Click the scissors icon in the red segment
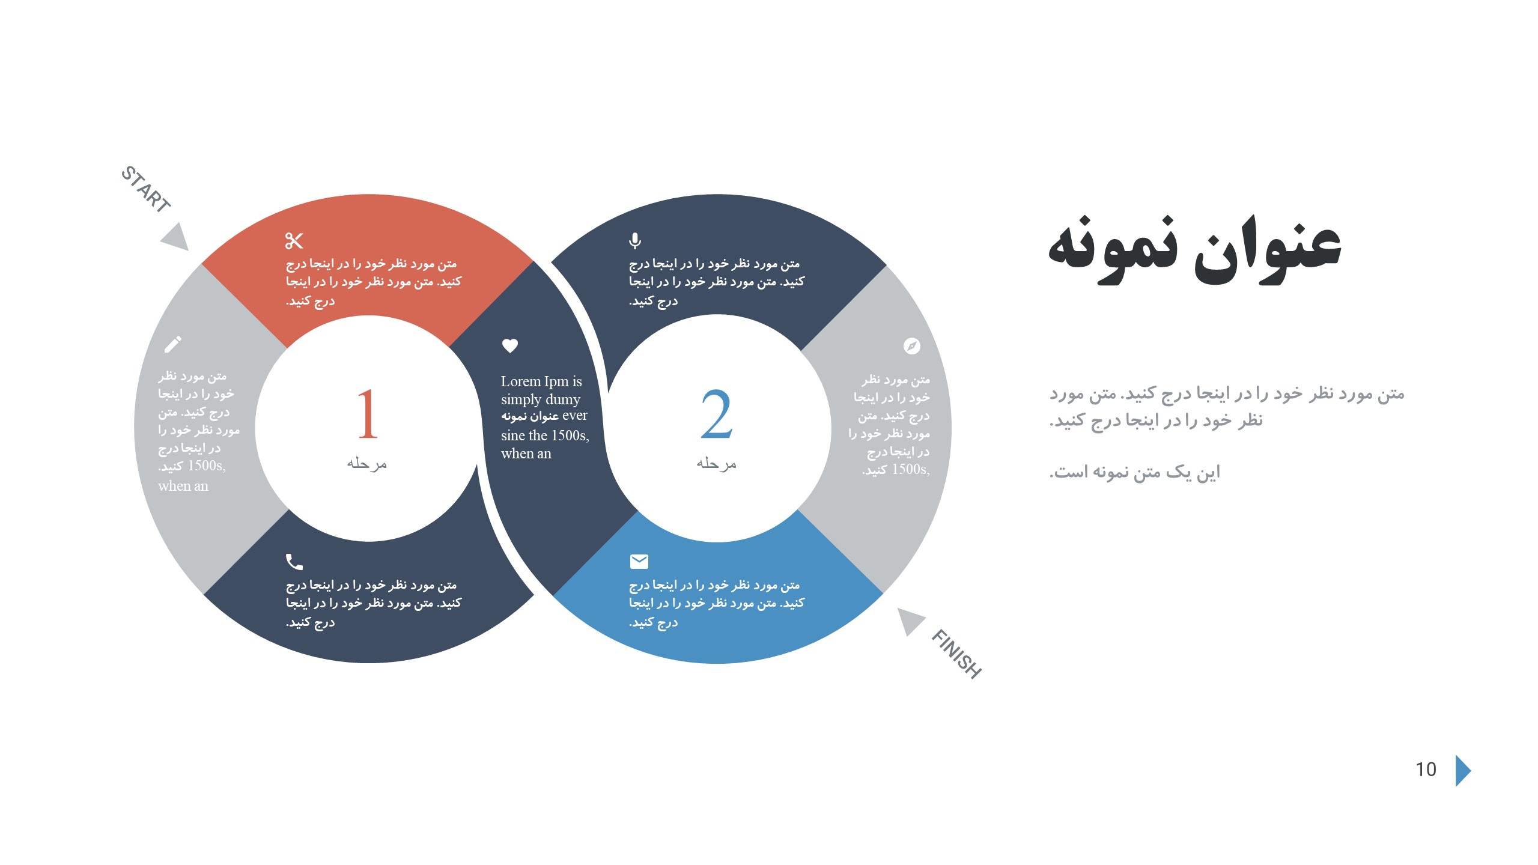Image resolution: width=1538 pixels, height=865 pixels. click(x=294, y=241)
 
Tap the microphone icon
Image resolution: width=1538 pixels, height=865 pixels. click(x=635, y=241)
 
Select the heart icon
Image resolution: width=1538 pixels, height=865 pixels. click(x=510, y=345)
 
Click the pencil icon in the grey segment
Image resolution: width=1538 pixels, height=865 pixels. click(x=173, y=344)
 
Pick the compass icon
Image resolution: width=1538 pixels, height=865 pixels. click(x=912, y=346)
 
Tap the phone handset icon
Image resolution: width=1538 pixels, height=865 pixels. click(x=294, y=562)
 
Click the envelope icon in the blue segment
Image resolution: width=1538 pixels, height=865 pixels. click(x=639, y=561)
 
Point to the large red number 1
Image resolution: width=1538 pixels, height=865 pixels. click(x=368, y=414)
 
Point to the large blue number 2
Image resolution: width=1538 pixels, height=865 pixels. click(x=717, y=414)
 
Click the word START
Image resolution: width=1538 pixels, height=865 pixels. click(x=146, y=189)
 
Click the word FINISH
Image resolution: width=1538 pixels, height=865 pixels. click(x=956, y=654)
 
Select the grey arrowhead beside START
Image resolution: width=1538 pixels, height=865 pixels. click(x=177, y=238)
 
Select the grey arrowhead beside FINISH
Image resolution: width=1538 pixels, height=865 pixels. click(x=910, y=621)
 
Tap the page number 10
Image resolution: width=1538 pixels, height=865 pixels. click(x=1426, y=769)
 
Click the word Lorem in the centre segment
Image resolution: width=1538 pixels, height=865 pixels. click(x=521, y=381)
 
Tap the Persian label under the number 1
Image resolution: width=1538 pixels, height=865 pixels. click(x=367, y=463)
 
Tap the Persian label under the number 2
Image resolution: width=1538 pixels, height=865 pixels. click(x=717, y=463)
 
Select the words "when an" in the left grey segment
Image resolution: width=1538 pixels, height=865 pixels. click(x=183, y=486)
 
